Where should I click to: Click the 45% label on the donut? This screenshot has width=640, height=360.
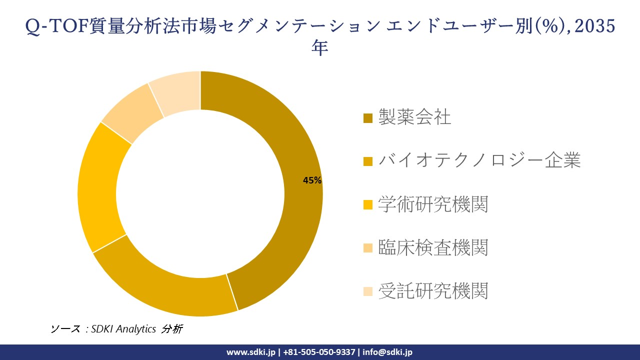(312, 181)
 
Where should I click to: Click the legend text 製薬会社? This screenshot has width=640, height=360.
(414, 117)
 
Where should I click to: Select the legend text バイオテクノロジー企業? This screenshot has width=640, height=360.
(479, 160)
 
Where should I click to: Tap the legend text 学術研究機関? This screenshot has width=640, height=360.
(433, 204)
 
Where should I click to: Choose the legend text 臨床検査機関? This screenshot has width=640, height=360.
(433, 247)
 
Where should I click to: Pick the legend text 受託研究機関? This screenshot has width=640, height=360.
(433, 290)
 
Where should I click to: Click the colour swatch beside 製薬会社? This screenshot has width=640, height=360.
(368, 118)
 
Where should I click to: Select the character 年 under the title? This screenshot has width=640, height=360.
(320, 48)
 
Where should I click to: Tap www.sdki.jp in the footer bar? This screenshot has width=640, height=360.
(251, 352)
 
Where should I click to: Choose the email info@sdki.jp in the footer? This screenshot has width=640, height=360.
(388, 352)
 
